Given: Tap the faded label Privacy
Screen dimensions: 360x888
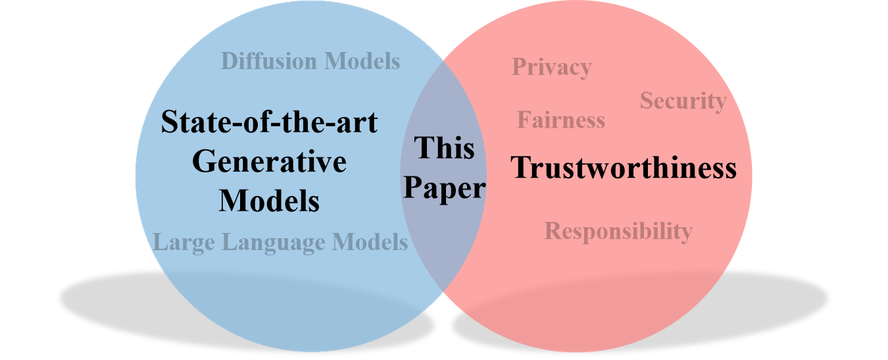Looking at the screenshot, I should (x=551, y=67).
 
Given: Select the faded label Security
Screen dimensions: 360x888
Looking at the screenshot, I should (x=683, y=101).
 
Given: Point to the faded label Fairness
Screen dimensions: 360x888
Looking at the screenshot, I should (x=560, y=120).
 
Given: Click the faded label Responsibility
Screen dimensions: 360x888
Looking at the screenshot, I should (x=618, y=231).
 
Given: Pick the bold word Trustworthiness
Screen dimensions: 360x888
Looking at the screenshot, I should (x=624, y=168).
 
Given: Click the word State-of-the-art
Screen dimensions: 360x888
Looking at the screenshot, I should (x=269, y=122).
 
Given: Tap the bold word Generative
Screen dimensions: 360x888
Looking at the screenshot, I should (x=269, y=162).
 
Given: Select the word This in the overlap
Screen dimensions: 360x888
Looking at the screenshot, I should (x=444, y=148).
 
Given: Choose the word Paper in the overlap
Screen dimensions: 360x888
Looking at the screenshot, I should (x=444, y=189).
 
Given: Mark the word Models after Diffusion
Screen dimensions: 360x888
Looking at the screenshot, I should (x=363, y=61).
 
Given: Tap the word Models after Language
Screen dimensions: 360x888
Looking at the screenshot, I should (x=370, y=242).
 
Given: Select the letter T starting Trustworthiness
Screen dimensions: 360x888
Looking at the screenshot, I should (x=520, y=168).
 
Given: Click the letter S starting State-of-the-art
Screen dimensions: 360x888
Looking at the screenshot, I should (x=169, y=122).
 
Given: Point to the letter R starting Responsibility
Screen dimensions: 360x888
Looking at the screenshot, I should (x=553, y=231).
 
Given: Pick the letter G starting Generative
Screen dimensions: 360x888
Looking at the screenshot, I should (x=203, y=162).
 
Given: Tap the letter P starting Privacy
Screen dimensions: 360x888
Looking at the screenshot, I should (x=518, y=66).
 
